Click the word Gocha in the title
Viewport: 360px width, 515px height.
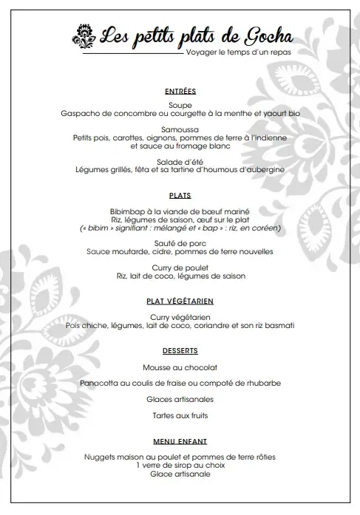pyautogui.click(x=264, y=34)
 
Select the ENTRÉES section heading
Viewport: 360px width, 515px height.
pyautogui.click(x=180, y=92)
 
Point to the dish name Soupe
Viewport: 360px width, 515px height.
pyautogui.click(x=180, y=106)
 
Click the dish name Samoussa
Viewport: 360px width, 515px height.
pyautogui.click(x=180, y=129)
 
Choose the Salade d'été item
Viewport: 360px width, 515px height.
pyautogui.click(x=180, y=161)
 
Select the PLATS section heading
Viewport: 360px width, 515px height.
pyautogui.click(x=180, y=196)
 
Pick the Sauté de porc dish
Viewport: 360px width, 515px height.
pyautogui.click(x=180, y=243)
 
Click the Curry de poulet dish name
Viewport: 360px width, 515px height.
pyautogui.click(x=180, y=267)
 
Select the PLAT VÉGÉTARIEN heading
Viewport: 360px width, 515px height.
pyautogui.click(x=180, y=301)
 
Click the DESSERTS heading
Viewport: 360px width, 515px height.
pyautogui.click(x=180, y=349)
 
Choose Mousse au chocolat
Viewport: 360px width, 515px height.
pyautogui.click(x=180, y=367)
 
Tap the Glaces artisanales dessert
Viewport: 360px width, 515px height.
pyautogui.click(x=180, y=399)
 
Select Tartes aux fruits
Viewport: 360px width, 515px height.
pyautogui.click(x=180, y=415)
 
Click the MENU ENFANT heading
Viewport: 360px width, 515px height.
pyautogui.click(x=180, y=441)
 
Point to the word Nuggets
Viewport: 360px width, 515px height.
pyautogui.click(x=101, y=457)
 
